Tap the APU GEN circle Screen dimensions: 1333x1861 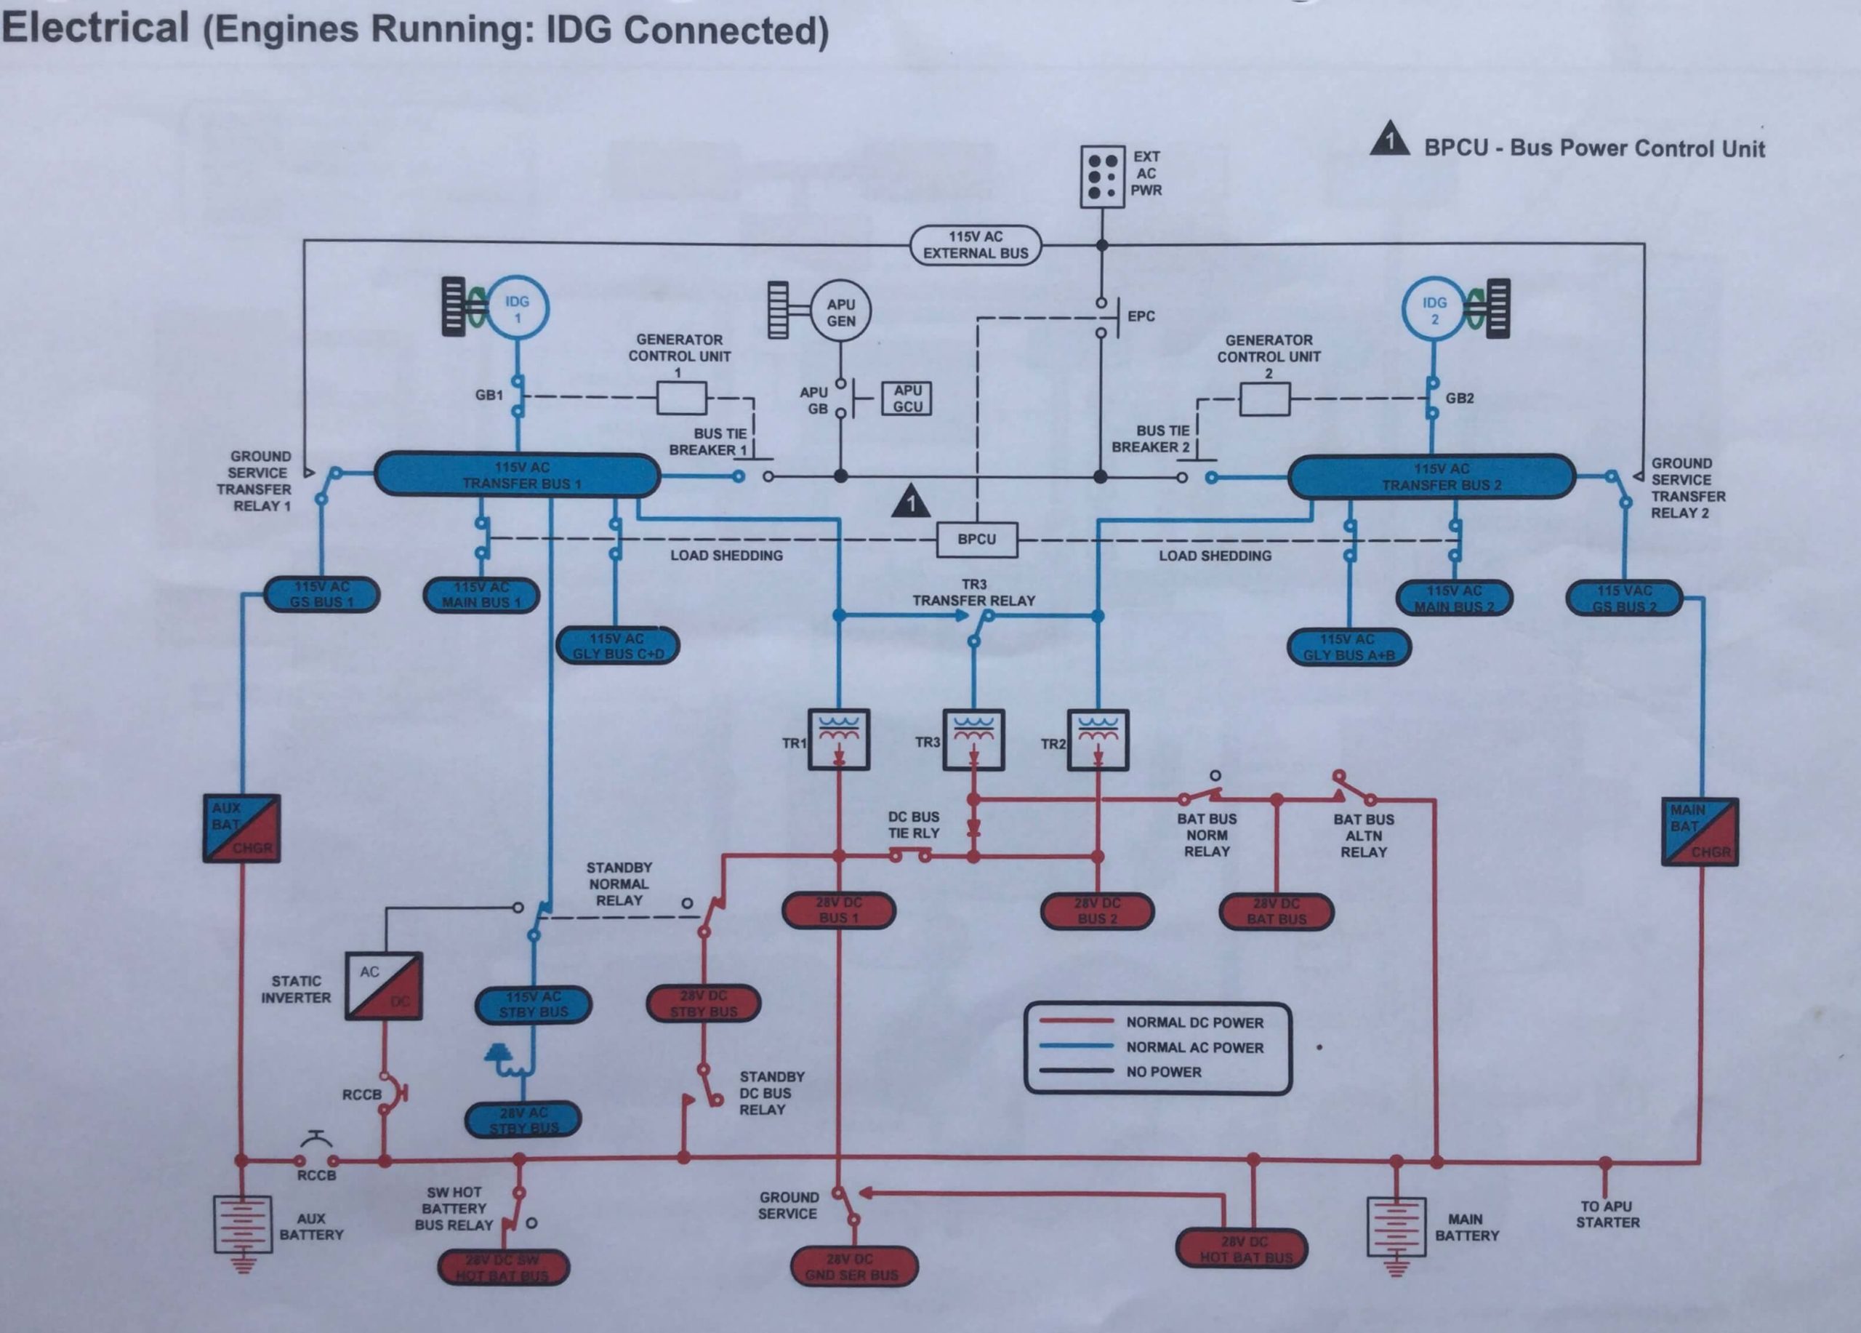point(840,312)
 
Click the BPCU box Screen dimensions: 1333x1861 point(976,540)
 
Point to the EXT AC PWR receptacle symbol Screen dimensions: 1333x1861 point(1102,177)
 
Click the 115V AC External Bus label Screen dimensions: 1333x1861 point(975,244)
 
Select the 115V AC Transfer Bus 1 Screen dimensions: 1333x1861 point(518,476)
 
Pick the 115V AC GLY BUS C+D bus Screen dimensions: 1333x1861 point(617,646)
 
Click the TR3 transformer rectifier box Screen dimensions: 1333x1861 point(973,740)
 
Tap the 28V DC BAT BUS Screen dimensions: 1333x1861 point(1276,912)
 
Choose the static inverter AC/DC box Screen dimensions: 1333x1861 point(383,986)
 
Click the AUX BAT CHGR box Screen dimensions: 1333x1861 point(242,828)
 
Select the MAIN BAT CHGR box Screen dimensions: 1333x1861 point(1700,830)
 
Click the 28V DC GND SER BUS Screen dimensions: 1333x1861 point(853,1267)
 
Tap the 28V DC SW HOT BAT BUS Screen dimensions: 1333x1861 point(503,1268)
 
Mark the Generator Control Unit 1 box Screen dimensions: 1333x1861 point(681,399)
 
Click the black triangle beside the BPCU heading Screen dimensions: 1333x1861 point(1390,140)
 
